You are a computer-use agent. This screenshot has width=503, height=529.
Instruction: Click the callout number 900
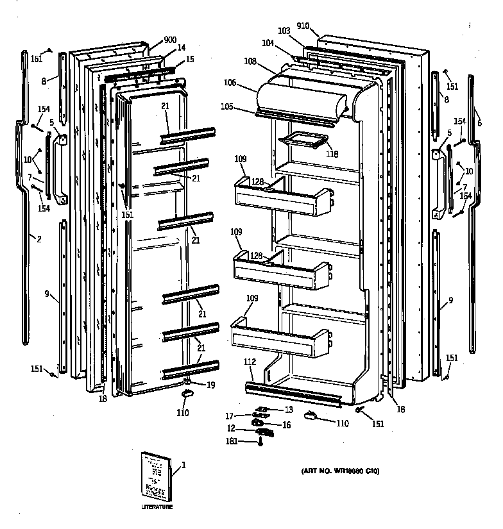pyautogui.click(x=170, y=40)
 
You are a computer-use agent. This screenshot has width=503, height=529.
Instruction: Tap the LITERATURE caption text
pyautogui.click(x=157, y=507)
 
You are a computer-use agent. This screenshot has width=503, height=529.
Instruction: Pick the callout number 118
pyautogui.click(x=332, y=154)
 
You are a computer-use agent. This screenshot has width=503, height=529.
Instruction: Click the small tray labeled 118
pyautogui.click(x=301, y=139)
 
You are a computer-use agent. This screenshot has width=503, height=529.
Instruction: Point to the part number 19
pyautogui.click(x=210, y=385)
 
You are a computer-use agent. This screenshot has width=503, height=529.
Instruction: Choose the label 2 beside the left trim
pyautogui.click(x=38, y=239)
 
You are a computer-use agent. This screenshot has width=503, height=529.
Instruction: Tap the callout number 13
pyautogui.click(x=288, y=410)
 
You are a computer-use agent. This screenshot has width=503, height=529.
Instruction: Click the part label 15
pyautogui.click(x=189, y=59)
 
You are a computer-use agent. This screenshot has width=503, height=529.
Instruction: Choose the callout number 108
pyautogui.click(x=250, y=61)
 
